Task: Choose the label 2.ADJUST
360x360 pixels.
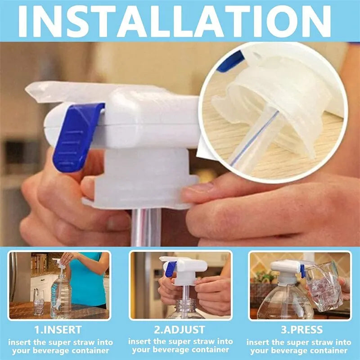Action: click(180, 330)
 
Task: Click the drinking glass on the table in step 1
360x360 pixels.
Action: click(39, 301)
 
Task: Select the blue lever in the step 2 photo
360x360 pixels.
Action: click(171, 269)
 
